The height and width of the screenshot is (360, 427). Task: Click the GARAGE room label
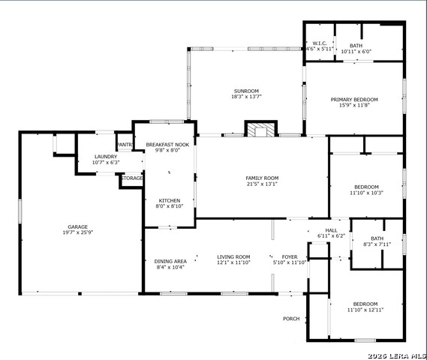(x=77, y=226)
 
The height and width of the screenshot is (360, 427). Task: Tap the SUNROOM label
(x=246, y=91)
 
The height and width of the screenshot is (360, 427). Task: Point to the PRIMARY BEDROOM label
(x=354, y=100)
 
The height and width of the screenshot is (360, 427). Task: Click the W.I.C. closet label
(x=320, y=43)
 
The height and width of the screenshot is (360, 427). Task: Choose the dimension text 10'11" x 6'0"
(x=356, y=52)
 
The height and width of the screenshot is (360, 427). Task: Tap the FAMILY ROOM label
(x=262, y=178)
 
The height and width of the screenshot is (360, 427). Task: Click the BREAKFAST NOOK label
(x=167, y=145)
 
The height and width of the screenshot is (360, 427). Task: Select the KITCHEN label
(x=170, y=200)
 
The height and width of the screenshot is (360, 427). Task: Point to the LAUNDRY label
(x=106, y=157)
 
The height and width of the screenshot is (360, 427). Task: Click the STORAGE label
(x=132, y=178)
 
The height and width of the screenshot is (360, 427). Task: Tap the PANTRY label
(x=125, y=145)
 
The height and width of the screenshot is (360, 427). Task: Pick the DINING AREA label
(x=170, y=262)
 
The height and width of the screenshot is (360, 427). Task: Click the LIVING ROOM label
(x=233, y=256)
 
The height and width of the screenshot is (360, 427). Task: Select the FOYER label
(x=290, y=256)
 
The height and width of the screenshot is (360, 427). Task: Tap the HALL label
(x=331, y=230)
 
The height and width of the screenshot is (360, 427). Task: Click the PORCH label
(x=291, y=319)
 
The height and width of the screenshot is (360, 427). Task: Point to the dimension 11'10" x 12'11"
(x=365, y=310)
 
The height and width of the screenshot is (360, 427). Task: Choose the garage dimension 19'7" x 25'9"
(x=78, y=232)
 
